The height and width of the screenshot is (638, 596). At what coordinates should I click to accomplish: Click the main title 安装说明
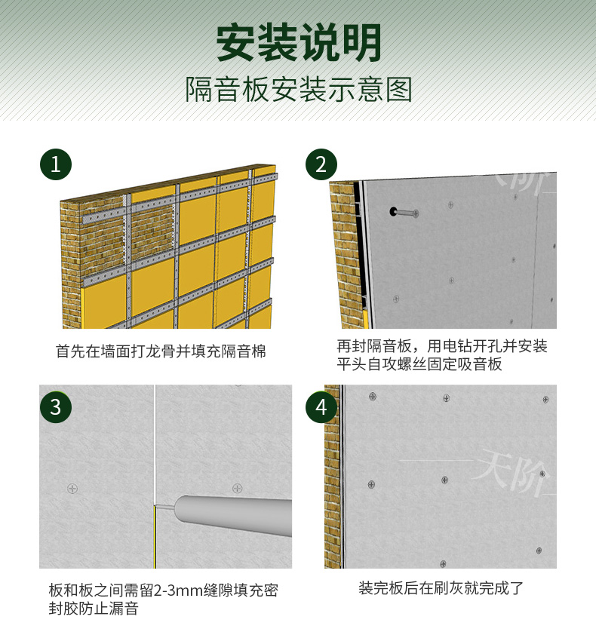pyautogui.click(x=299, y=42)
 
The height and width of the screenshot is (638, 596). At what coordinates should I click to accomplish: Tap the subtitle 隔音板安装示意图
pyautogui.click(x=299, y=90)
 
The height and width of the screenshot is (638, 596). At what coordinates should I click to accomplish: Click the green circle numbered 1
pyautogui.click(x=56, y=164)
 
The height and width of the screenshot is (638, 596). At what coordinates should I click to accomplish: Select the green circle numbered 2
pyautogui.click(x=321, y=164)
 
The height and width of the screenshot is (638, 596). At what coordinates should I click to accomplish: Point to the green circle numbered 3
pyautogui.click(x=56, y=407)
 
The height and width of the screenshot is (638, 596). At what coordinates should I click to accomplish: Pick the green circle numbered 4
pyautogui.click(x=321, y=407)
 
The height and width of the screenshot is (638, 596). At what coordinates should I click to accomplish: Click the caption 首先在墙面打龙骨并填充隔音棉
pyautogui.click(x=161, y=351)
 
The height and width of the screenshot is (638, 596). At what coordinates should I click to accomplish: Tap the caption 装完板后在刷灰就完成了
pyautogui.click(x=441, y=588)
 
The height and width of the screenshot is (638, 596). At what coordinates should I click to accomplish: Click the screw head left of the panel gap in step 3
pyautogui.click(x=72, y=488)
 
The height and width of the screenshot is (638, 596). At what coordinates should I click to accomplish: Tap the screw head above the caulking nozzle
pyautogui.click(x=238, y=488)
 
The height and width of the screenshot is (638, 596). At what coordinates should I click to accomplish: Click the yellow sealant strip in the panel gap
pyautogui.click(x=155, y=537)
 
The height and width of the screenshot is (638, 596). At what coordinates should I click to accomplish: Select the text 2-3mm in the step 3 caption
pyautogui.click(x=178, y=590)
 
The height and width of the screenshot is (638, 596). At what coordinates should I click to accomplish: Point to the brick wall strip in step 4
pyautogui.click(x=332, y=476)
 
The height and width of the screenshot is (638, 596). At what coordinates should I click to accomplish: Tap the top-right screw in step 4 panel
pyautogui.click(x=545, y=400)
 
